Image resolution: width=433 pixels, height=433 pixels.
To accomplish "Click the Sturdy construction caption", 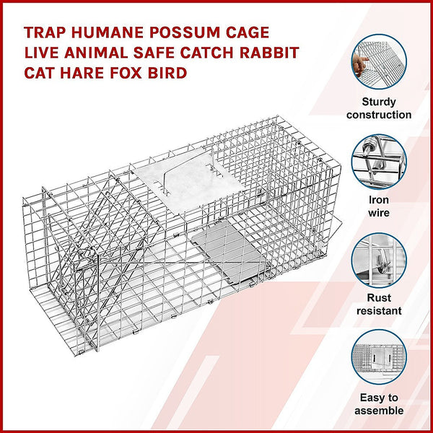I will tap(378, 108).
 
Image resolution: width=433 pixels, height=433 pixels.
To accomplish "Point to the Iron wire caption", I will tap(378, 206).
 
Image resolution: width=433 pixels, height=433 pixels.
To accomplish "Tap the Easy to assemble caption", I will tap(378, 404).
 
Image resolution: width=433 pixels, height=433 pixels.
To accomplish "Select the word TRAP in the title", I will tap(46, 33).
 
